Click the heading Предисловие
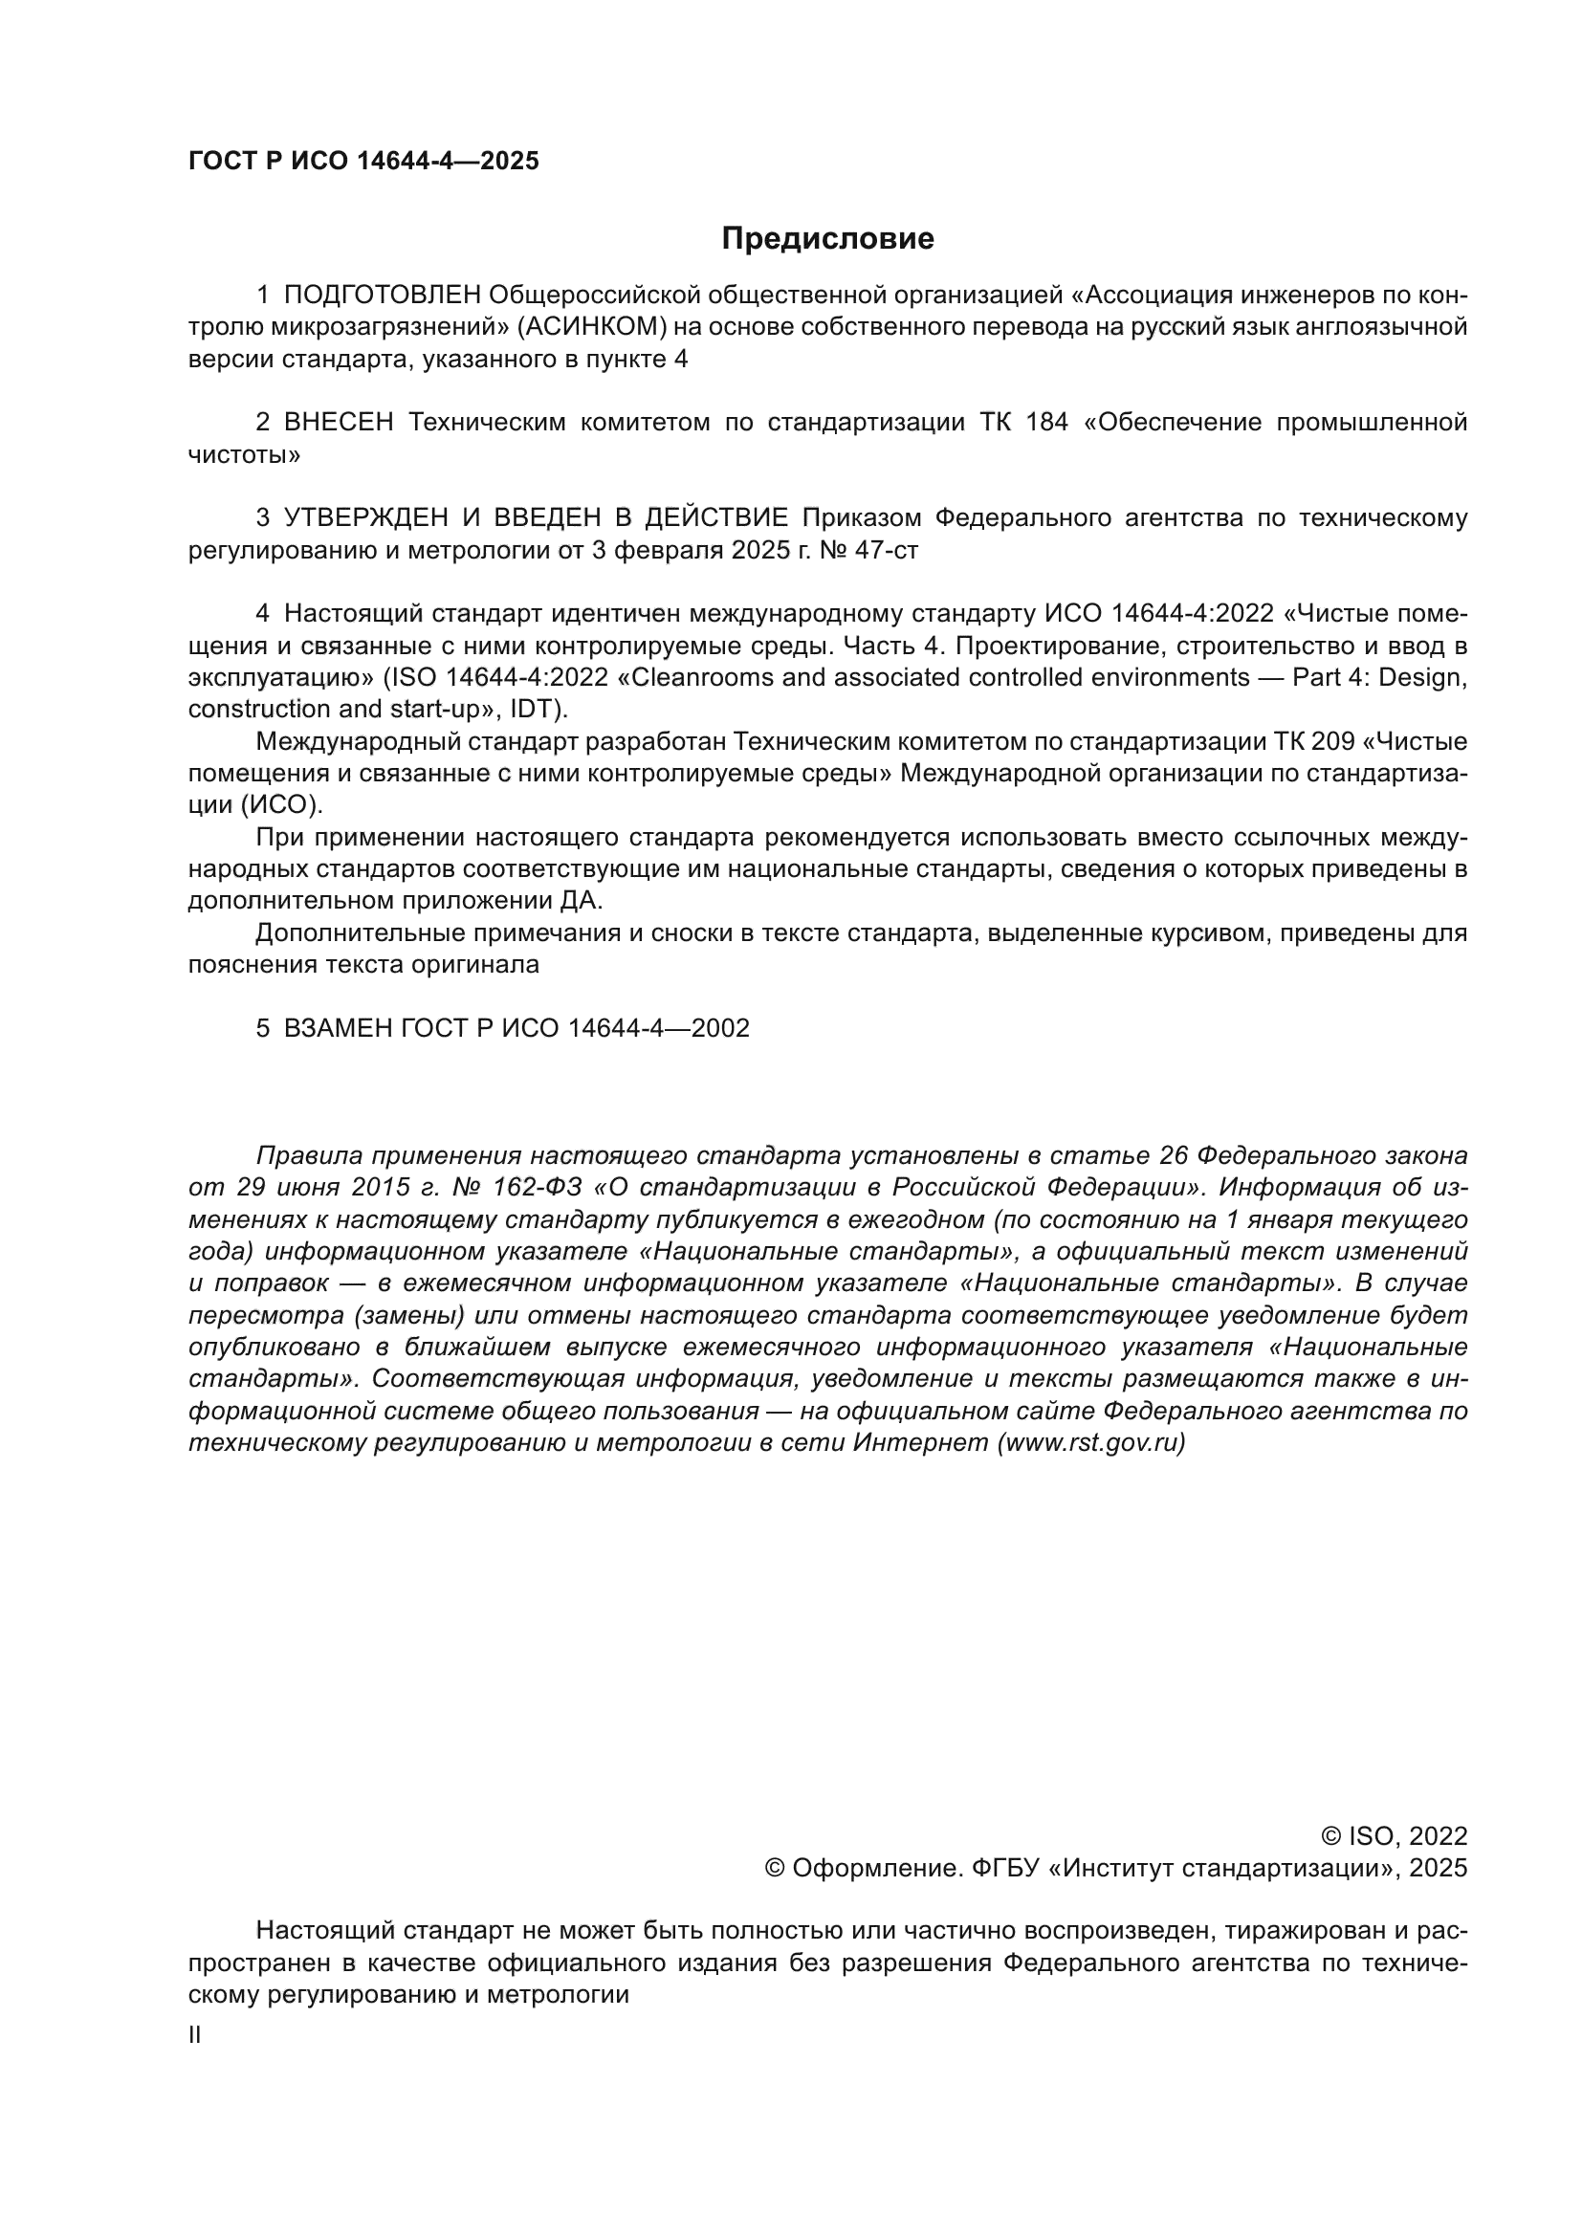coord(827,239)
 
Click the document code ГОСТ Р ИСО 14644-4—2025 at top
coord(363,162)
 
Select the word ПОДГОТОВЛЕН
coord(383,296)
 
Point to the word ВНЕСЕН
coord(339,423)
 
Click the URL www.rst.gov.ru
coord(1091,1443)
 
